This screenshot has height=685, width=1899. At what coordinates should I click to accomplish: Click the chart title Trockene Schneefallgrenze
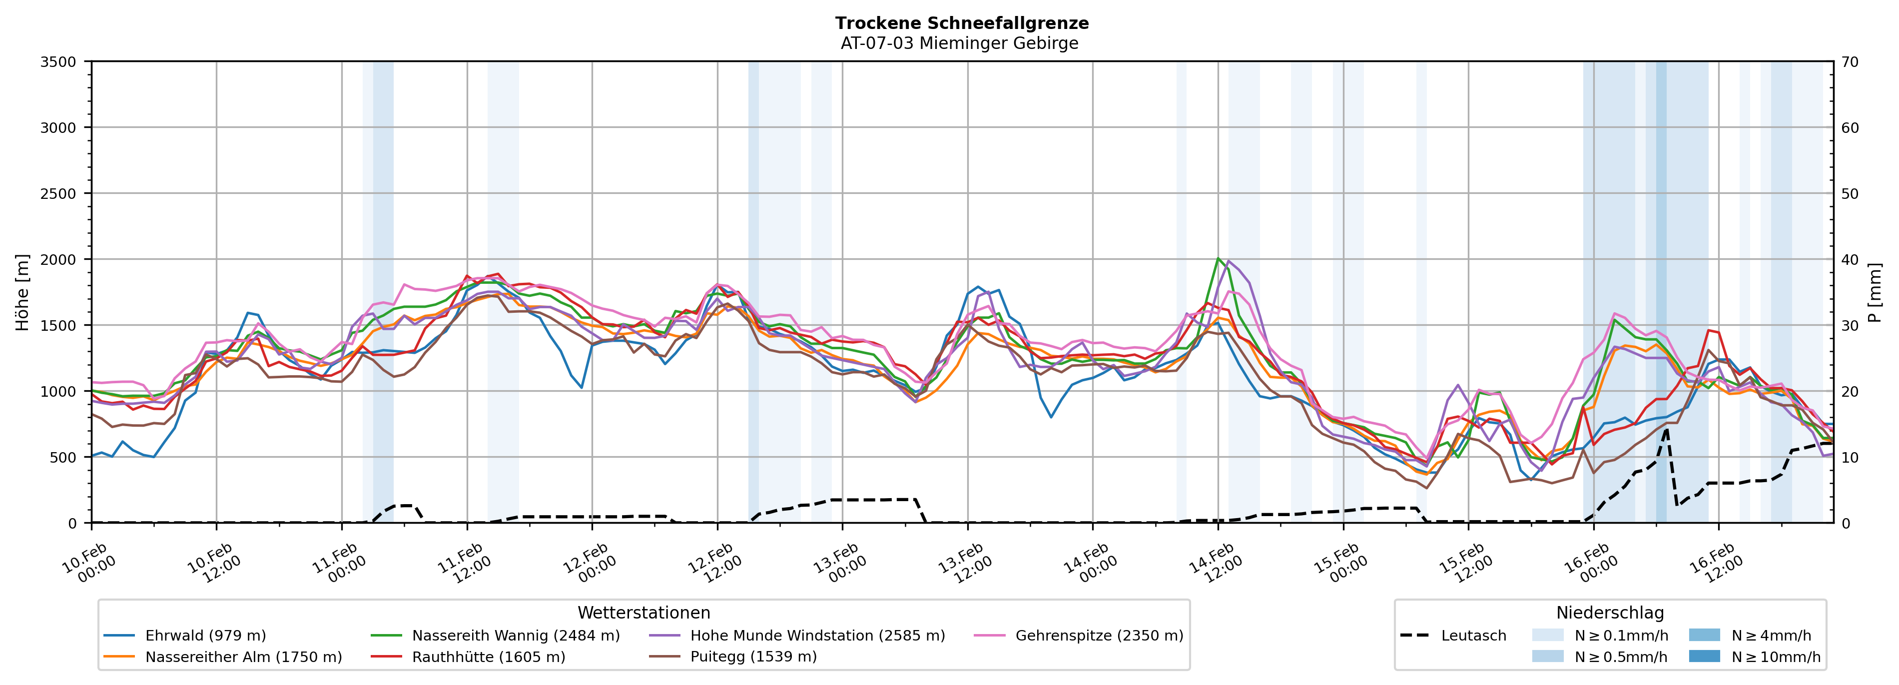point(961,23)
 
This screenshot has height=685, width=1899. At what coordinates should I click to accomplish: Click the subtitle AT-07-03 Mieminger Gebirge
point(959,43)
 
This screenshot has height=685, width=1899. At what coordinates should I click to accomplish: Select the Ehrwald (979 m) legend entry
point(205,636)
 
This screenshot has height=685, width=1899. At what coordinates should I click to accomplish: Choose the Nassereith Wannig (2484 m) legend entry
point(515,636)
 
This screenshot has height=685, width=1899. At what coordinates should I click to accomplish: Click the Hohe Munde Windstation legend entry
point(817,636)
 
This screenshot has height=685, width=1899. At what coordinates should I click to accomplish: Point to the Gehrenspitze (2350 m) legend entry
point(1099,636)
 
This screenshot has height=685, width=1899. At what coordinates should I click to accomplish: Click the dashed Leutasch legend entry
point(1473,636)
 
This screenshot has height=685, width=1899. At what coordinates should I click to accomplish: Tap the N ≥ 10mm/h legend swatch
point(1704,656)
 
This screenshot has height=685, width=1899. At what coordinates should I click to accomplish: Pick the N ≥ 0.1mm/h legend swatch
point(1547,635)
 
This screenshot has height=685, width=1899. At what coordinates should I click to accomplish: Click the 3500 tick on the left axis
point(57,62)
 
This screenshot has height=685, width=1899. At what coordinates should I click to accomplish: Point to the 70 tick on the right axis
point(1850,62)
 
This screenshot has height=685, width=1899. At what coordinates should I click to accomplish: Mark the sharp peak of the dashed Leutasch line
point(1666,428)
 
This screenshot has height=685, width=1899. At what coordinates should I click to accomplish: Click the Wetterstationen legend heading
point(643,613)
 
